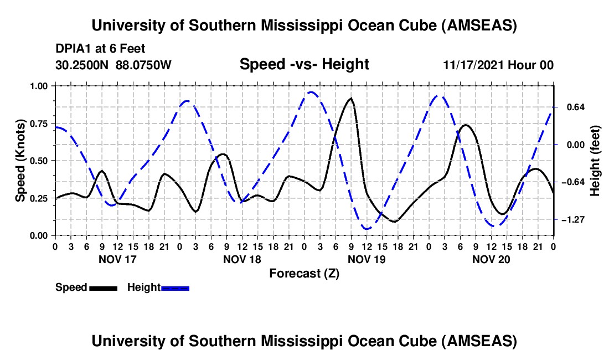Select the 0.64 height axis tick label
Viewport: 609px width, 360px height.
coord(574,107)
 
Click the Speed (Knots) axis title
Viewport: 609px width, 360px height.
coord(20,161)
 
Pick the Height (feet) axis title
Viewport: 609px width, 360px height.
coord(595,161)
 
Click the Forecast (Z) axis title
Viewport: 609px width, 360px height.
coord(304,273)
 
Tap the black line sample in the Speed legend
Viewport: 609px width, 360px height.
coord(102,287)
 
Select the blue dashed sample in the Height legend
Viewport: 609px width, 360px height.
coord(175,287)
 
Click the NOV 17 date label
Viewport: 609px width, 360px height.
coord(117,259)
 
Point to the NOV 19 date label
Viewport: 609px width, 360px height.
coord(366,259)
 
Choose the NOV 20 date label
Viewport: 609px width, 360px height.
coord(491,259)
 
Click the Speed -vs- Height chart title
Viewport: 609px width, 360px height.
coord(304,64)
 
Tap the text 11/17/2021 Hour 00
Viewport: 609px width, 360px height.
coord(498,65)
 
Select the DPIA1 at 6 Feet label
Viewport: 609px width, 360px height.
coord(100,49)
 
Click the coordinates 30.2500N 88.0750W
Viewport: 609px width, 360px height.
coord(113,65)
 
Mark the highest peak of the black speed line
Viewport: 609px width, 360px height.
coord(350,99)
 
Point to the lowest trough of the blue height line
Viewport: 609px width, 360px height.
coord(367,228)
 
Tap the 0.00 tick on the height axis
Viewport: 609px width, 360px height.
coord(574,145)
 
